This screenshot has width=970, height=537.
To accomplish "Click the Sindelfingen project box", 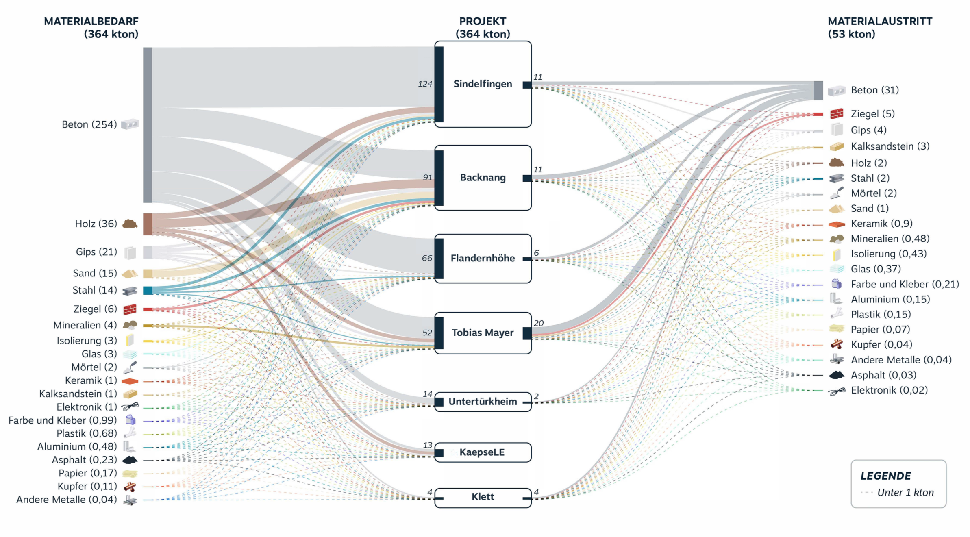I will click(483, 84).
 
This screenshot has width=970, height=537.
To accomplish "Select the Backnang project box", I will click(483, 178).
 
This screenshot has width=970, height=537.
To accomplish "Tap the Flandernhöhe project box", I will click(483, 258).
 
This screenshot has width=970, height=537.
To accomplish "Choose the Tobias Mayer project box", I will click(483, 333).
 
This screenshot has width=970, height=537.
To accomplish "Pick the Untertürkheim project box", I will click(483, 402).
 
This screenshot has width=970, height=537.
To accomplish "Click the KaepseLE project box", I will click(483, 452).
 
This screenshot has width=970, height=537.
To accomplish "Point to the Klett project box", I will click(483, 497).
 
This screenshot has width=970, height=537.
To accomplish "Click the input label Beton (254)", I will click(89, 124).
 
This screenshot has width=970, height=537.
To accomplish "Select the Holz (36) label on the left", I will click(96, 224).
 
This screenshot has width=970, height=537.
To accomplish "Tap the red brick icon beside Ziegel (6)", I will click(130, 309).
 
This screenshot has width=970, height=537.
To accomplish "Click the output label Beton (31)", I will click(874, 90).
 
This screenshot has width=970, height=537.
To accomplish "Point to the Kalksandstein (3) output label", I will click(890, 146).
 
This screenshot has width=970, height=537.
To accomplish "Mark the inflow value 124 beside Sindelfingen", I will click(425, 84).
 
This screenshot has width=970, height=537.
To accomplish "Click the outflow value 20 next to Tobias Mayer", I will click(539, 323).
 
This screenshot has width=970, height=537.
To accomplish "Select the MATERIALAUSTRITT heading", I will click(880, 22).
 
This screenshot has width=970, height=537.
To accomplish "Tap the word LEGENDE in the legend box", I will click(885, 476).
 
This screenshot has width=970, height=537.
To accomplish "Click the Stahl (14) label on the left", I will click(94, 290).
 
